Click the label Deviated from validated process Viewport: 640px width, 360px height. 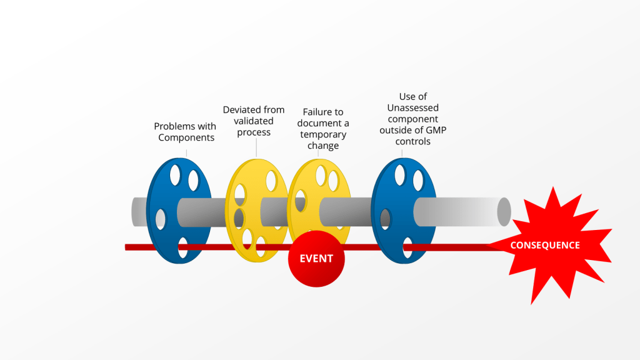254,121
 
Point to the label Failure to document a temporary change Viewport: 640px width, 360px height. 323,129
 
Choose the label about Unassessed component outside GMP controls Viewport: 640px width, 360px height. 413,119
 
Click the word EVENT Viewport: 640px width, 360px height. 316,259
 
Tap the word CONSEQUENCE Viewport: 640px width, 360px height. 545,246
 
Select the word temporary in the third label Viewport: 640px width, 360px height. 323,134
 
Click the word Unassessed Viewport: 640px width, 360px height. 413,107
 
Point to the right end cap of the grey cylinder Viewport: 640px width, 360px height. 504,212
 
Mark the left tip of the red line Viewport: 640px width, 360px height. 127,247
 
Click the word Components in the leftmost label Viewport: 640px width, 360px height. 186,137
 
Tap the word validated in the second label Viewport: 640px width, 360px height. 254,121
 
